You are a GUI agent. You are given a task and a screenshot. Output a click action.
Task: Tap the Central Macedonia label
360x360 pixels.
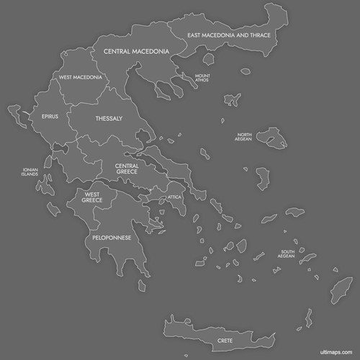tap(136, 52)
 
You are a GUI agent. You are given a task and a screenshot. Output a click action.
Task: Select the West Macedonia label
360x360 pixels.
tap(80, 77)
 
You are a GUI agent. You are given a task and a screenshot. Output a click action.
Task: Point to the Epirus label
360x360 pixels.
tap(50, 116)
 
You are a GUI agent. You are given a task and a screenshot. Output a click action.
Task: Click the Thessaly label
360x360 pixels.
tap(109, 118)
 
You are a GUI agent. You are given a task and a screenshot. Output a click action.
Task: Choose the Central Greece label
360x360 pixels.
tap(127, 168)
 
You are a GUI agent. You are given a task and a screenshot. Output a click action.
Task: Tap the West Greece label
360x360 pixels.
tap(92, 197)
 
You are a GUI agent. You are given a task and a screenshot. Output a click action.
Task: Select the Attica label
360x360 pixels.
tap(175, 197)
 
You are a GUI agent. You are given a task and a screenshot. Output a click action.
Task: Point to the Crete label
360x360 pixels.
tap(225, 340)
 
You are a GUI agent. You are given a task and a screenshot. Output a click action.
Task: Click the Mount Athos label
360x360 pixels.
tap(202, 78)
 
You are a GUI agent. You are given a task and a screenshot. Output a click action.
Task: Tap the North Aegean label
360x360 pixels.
tap(245, 137)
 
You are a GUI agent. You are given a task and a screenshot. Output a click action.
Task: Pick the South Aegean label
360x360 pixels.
tap(287, 254)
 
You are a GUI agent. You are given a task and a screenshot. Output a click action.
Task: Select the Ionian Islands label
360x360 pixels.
tap(30, 173)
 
